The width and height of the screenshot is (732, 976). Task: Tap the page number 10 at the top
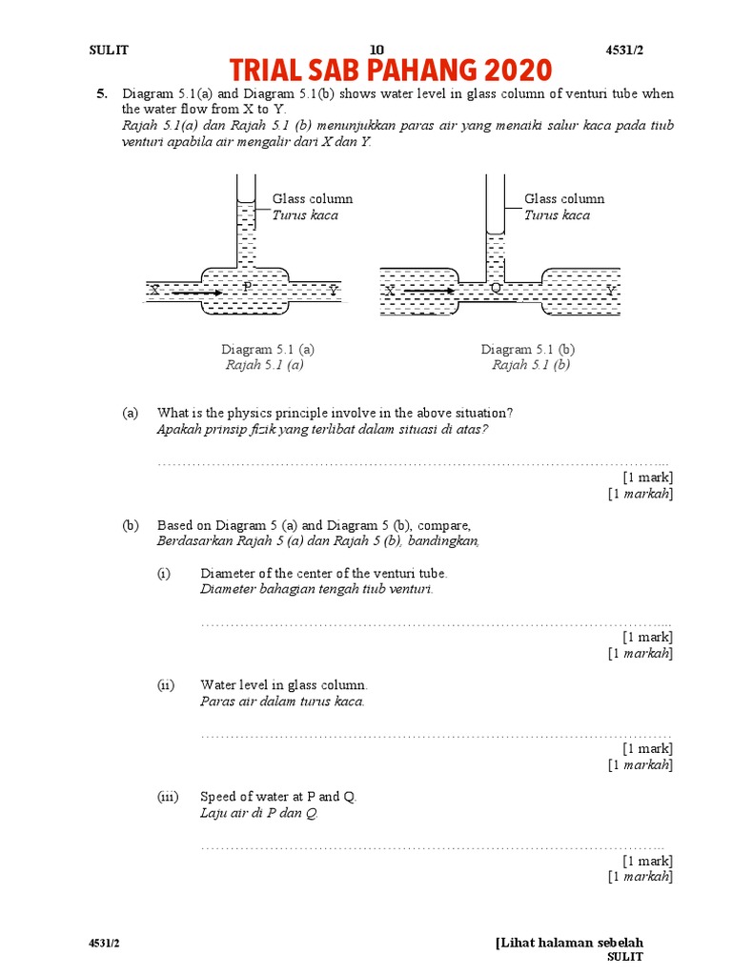click(x=376, y=50)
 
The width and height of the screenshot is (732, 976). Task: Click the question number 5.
click(x=101, y=93)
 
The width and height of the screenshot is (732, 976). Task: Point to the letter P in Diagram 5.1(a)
click(x=247, y=286)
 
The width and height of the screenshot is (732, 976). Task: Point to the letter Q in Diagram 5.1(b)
click(x=496, y=288)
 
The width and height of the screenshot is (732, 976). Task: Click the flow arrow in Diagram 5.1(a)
click(x=198, y=291)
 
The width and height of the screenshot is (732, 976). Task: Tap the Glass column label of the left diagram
click(x=313, y=199)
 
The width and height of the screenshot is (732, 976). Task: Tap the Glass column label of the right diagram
click(x=564, y=199)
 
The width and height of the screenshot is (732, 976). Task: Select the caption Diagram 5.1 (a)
click(x=268, y=350)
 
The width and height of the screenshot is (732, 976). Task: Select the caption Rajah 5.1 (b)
click(x=531, y=364)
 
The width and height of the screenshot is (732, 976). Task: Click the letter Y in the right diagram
click(x=611, y=290)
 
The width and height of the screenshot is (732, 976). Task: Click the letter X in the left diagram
click(x=152, y=291)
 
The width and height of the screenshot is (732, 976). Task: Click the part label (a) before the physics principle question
click(x=130, y=413)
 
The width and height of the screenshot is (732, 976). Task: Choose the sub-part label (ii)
click(x=167, y=684)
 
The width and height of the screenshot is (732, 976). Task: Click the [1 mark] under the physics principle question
click(x=647, y=477)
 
